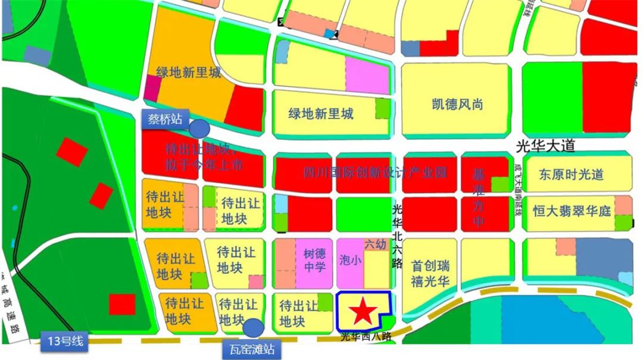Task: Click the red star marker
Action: click(x=362, y=311)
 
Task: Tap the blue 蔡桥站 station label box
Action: click(x=165, y=118)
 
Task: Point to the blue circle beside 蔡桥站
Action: click(x=199, y=128)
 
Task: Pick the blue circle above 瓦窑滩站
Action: click(x=254, y=327)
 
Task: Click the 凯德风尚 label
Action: click(x=457, y=105)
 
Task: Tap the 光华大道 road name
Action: click(x=545, y=146)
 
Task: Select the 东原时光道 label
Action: click(x=571, y=174)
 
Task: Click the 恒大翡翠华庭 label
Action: click(x=572, y=211)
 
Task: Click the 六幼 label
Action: click(x=375, y=245)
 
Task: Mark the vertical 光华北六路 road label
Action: click(x=397, y=236)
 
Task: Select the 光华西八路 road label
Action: click(x=366, y=337)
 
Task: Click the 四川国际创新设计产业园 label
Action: click(x=375, y=173)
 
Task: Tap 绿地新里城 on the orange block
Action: click(x=188, y=73)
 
